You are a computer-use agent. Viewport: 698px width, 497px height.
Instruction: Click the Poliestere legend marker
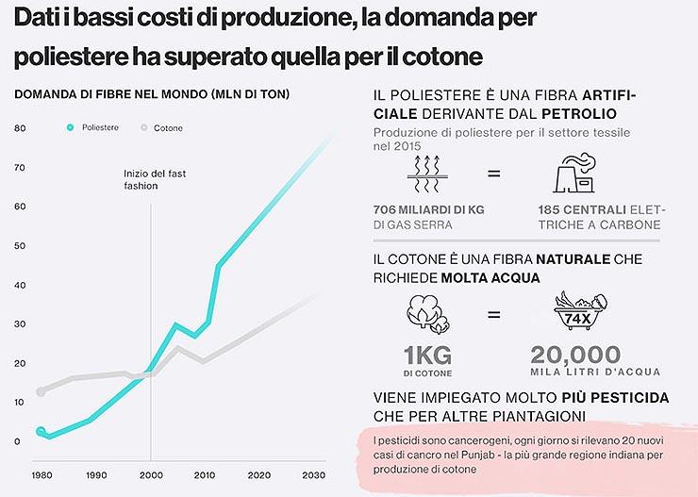(70, 127)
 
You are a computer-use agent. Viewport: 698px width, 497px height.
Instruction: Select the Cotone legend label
(168, 128)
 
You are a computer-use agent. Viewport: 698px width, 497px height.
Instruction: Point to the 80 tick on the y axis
(20, 128)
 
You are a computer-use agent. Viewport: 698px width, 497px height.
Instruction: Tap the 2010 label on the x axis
(205, 475)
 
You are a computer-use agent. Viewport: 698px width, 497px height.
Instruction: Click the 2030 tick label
(313, 475)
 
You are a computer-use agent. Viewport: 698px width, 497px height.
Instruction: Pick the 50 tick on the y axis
(20, 245)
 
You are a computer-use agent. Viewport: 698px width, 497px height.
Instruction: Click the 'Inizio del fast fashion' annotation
(155, 180)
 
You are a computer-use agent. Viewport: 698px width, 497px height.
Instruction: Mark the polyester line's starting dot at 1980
(41, 431)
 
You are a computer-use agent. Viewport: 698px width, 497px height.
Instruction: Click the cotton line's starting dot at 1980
(41, 391)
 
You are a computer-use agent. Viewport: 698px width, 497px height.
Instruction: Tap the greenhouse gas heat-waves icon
(427, 174)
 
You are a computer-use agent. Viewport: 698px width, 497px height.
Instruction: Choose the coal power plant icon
(574, 174)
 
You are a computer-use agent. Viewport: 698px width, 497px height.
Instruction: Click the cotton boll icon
(428, 314)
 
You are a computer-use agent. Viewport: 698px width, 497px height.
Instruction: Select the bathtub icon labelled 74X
(580, 310)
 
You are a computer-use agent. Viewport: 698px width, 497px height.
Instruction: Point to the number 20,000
(575, 355)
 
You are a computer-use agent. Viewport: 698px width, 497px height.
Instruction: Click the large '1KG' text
(427, 356)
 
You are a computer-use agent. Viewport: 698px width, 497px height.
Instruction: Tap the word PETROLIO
(579, 114)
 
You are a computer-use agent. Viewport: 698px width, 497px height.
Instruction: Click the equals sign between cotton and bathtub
(493, 315)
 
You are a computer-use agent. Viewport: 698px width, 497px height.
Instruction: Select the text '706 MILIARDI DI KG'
(428, 209)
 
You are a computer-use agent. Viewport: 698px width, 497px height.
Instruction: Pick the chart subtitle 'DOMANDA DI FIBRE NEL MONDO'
(111, 94)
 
